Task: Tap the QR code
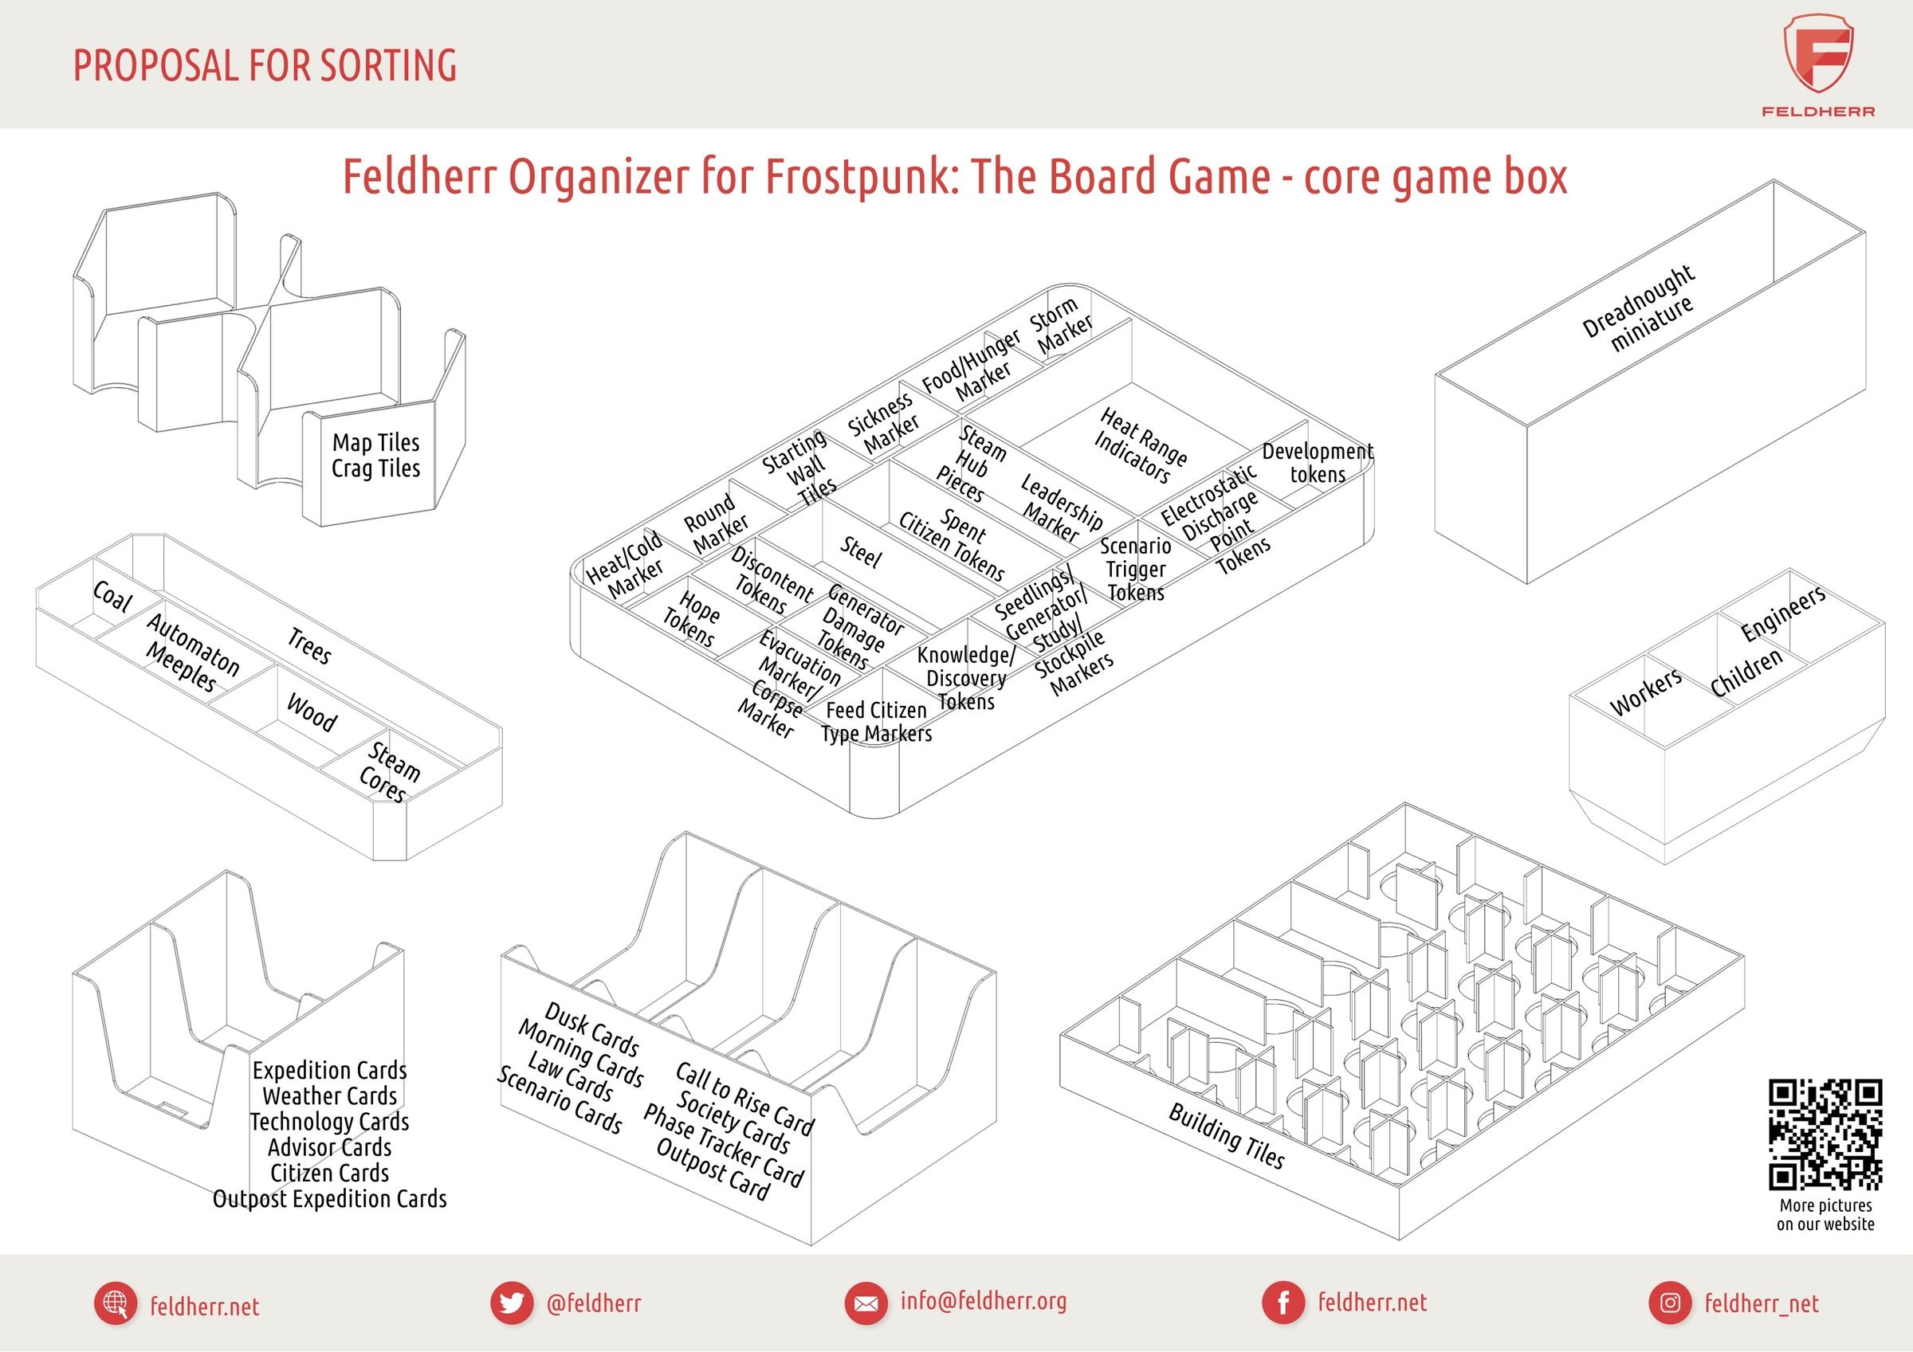(x=1825, y=1135)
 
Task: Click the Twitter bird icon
(x=511, y=1303)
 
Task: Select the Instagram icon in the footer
(x=1670, y=1303)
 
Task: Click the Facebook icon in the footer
(x=1284, y=1303)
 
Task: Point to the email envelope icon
(x=866, y=1303)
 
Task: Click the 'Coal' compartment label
(x=112, y=597)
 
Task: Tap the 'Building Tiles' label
(x=1227, y=1135)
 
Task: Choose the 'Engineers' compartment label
(x=1783, y=613)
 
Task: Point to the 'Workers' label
(x=1645, y=692)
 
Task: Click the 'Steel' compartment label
(x=860, y=552)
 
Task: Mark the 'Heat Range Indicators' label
(x=1139, y=445)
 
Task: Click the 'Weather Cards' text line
(x=330, y=1096)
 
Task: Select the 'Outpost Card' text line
(x=713, y=1170)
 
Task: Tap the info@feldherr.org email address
(x=983, y=1301)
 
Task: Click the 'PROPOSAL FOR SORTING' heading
(x=265, y=66)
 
